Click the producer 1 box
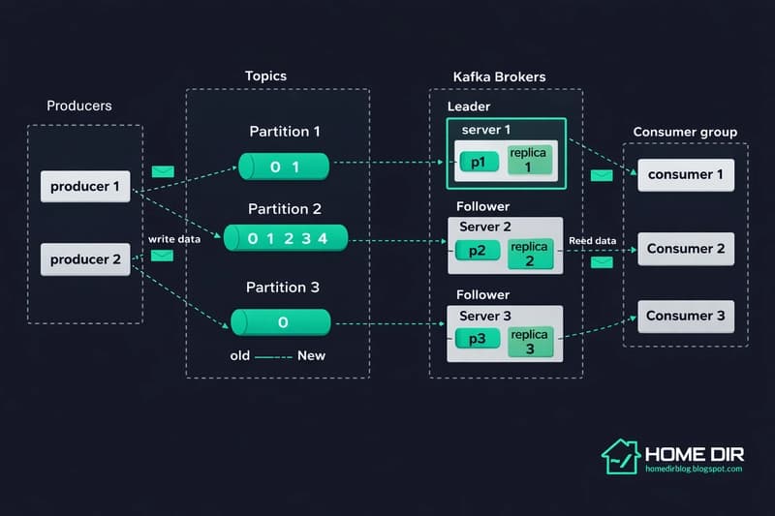pos(85,186)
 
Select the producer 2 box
pos(85,258)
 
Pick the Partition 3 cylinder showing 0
pos(281,322)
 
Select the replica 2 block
pos(531,254)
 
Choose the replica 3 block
pos(531,341)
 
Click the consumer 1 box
pos(685,175)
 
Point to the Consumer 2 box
pos(685,249)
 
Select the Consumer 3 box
pos(685,316)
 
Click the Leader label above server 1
pos(468,106)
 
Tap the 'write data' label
pos(174,239)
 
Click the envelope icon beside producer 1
pos(163,171)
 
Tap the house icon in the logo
pos(620,455)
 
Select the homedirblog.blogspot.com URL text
pos(693,470)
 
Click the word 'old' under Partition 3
pos(240,355)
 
